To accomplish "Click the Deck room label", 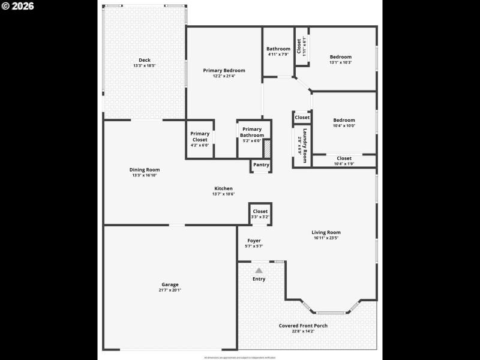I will click(145, 59).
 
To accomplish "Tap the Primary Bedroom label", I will click(224, 70).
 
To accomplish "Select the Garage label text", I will click(170, 284).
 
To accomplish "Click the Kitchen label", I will click(223, 188).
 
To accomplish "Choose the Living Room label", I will click(326, 232).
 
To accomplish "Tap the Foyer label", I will click(254, 241).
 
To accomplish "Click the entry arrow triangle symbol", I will click(259, 271).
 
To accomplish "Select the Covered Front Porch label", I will click(303, 326).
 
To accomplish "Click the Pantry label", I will click(261, 165).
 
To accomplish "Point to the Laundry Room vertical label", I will click(305, 146).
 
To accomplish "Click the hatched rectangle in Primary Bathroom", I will click(268, 148).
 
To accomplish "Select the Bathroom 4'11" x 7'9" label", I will click(278, 49).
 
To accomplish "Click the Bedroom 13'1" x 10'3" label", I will click(340, 57).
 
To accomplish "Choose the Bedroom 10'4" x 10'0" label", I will click(344, 120).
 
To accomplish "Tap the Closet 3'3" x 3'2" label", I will click(260, 211).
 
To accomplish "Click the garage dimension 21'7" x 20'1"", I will click(170, 290).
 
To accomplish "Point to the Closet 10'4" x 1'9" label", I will click(344, 158).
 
